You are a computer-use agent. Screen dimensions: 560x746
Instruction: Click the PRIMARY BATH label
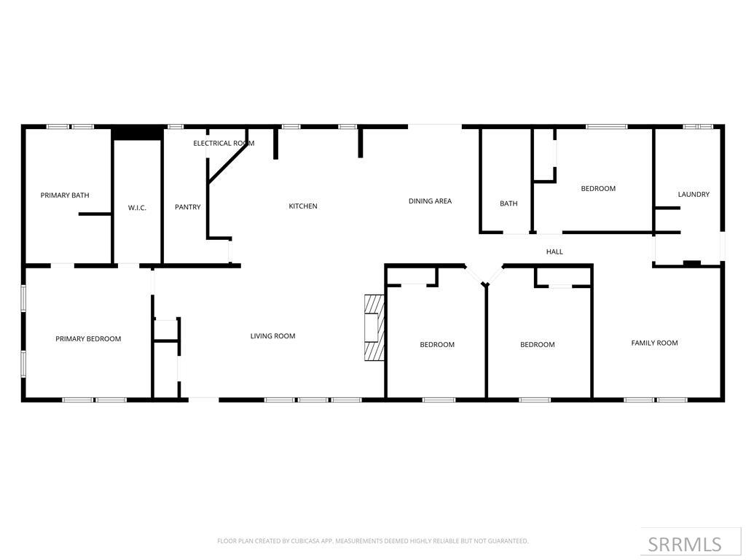[65, 195]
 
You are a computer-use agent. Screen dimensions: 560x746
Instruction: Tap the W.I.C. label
[137, 208]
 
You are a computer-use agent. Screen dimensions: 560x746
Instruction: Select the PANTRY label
[187, 207]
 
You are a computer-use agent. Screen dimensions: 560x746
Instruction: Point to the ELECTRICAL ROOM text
[224, 144]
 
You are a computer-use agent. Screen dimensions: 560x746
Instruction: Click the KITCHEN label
[303, 206]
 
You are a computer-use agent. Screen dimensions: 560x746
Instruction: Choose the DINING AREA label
[430, 201]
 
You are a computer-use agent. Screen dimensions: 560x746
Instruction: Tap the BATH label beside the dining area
[509, 203]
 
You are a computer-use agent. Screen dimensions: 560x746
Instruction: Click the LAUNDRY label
[694, 195]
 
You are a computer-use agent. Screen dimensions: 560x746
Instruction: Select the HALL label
[554, 252]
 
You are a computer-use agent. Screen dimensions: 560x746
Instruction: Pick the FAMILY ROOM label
[654, 343]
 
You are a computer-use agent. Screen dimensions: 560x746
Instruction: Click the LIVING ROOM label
[272, 336]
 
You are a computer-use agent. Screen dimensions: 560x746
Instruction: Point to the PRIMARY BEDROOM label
[88, 339]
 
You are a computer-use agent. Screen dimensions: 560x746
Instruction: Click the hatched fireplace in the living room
[374, 327]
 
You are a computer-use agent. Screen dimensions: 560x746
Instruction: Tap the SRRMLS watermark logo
[684, 544]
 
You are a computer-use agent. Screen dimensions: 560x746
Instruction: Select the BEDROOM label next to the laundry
[598, 189]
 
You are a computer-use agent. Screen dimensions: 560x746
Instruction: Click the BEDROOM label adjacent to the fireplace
[437, 345]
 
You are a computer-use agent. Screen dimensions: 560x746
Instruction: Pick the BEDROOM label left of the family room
[538, 345]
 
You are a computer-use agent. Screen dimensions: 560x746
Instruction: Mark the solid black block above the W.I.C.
[137, 133]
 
